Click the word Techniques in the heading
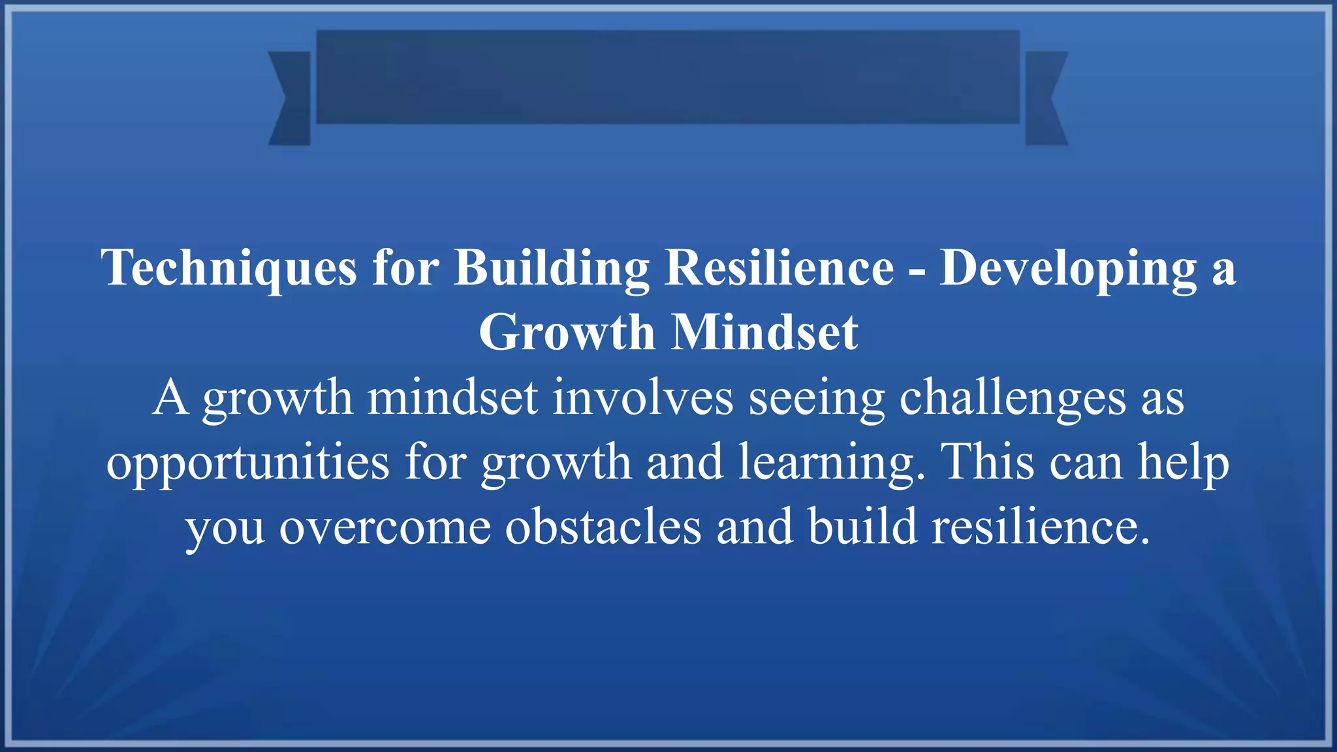pos(228,268)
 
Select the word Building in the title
pos(552,268)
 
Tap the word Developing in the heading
pos(1068,268)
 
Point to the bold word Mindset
pos(765,332)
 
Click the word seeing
pos(816,399)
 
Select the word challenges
pos(1013,398)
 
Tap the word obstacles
pos(603,526)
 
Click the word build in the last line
pos(862,525)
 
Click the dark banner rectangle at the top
pos(667,76)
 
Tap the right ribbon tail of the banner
pos(1045,98)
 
